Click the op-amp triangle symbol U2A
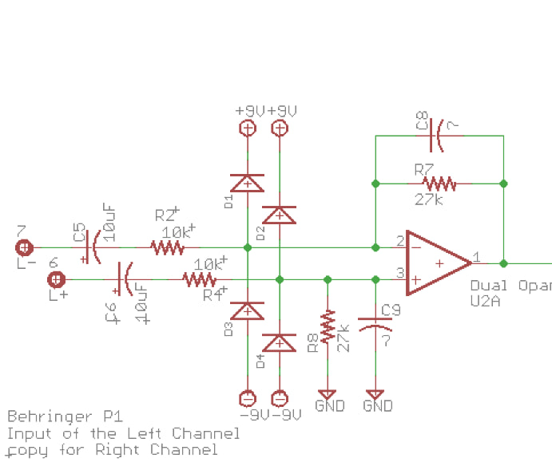pyautogui.click(x=435, y=263)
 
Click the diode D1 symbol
pyautogui.click(x=248, y=184)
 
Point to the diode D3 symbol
pyautogui.click(x=248, y=310)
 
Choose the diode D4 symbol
pyautogui.click(x=280, y=343)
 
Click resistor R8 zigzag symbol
pyautogui.click(x=327, y=326)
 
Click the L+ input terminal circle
pyautogui.click(x=56, y=279)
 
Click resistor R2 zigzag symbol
pyautogui.click(x=168, y=247)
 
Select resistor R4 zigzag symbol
pyautogui.click(x=200, y=279)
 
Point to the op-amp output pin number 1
pyautogui.click(x=477, y=257)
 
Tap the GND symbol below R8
pyautogui.click(x=327, y=394)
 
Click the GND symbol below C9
pyautogui.click(x=375, y=394)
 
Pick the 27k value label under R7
pyautogui.click(x=429, y=199)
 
